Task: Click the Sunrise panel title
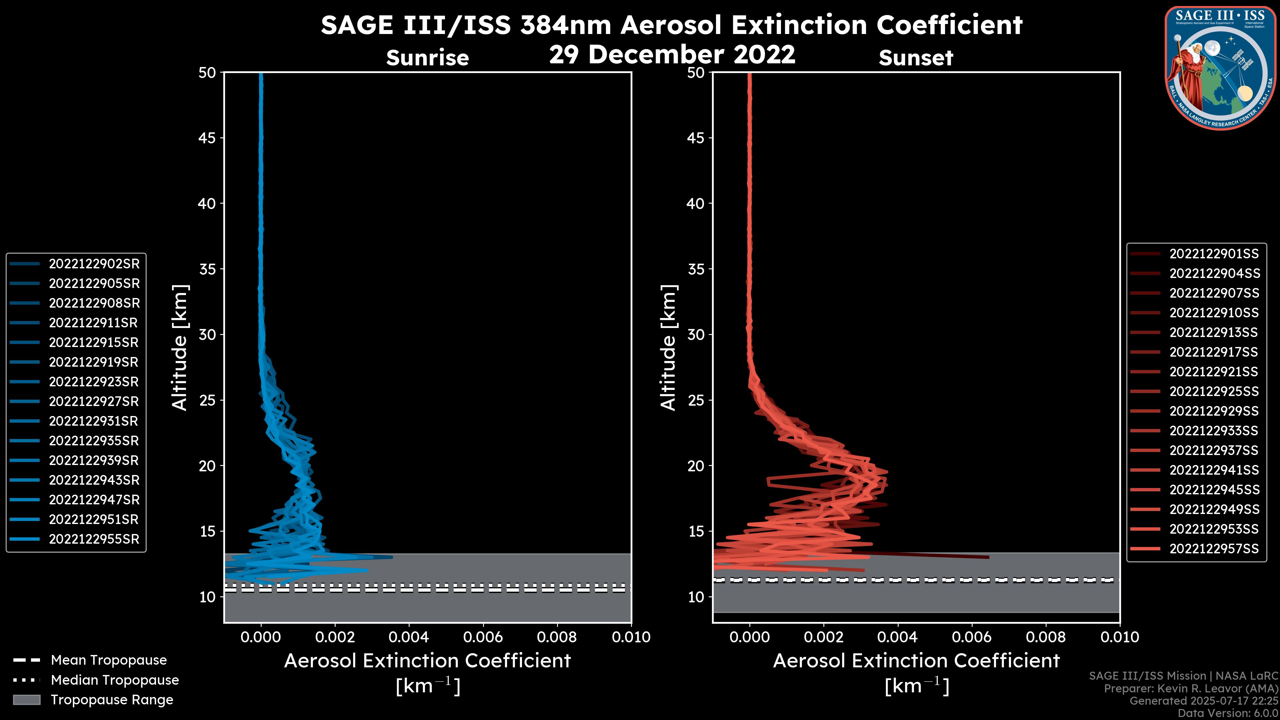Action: (427, 58)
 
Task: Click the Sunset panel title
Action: (916, 58)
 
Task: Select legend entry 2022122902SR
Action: (94, 264)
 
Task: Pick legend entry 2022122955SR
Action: (94, 539)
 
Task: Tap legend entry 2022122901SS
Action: (1214, 254)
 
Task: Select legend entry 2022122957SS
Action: (1214, 549)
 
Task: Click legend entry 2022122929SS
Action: (1214, 411)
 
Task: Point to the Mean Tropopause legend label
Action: (109, 660)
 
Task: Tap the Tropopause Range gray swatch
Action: (26, 700)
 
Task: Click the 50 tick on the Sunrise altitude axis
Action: (207, 73)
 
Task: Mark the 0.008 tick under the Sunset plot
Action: (1046, 637)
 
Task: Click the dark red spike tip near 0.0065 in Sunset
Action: (987, 557)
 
